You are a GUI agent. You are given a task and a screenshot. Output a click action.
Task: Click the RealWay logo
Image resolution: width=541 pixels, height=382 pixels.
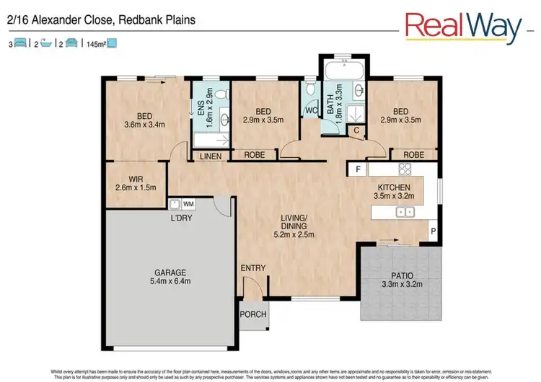coord(463,27)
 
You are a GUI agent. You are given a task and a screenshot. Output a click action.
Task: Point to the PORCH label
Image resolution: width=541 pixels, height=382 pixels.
coord(252,314)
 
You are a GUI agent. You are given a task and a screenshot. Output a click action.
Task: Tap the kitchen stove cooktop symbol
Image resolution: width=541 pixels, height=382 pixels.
coord(405,170)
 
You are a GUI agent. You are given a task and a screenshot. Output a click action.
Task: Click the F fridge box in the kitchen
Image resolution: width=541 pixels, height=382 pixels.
coord(357,169)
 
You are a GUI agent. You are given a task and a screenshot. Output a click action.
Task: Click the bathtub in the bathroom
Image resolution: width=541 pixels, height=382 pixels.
coord(343,72)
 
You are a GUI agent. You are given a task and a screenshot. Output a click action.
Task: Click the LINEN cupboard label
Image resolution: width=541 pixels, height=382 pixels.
coord(211,156)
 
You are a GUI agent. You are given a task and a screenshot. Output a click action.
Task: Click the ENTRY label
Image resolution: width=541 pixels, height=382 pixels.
coord(253,268)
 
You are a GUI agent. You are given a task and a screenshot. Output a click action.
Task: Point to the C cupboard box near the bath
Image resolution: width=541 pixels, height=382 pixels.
coord(356,130)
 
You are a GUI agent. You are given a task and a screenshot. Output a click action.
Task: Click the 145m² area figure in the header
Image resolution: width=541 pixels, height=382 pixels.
coord(96,44)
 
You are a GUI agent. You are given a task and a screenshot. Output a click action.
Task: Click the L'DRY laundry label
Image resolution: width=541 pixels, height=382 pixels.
coord(181,217)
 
